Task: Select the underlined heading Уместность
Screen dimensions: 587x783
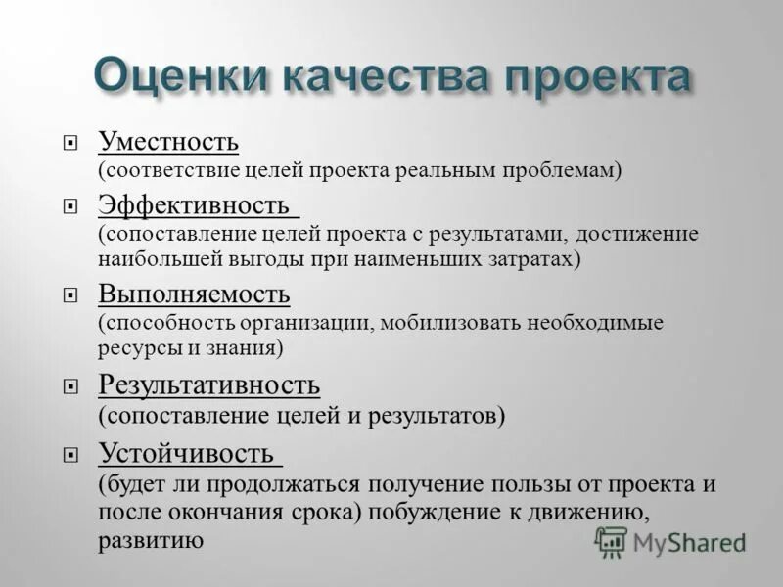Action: pyautogui.click(x=167, y=142)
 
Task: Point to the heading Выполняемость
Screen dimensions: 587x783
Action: pyautogui.click(x=193, y=293)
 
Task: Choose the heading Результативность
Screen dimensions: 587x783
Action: pyautogui.click(x=208, y=384)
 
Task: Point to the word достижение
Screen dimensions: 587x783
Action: pyautogui.click(x=637, y=234)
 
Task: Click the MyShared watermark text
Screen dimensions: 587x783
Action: pyautogui.click(x=689, y=542)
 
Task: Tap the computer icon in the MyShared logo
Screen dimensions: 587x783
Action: pyautogui.click(x=611, y=541)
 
